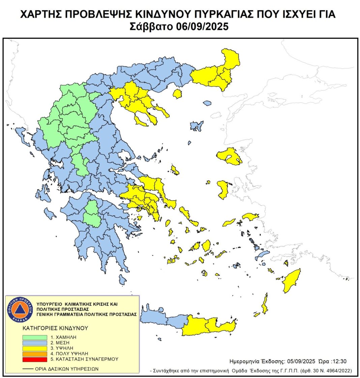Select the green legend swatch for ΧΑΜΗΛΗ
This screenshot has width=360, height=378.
[35, 337]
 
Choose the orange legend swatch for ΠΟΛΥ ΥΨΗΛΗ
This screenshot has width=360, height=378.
[35, 354]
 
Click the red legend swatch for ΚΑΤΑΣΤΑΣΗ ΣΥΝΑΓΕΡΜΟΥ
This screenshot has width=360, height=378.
[35, 359]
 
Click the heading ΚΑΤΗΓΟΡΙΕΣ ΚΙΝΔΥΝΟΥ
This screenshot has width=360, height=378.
[55, 328]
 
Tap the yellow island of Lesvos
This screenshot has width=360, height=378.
[229, 155]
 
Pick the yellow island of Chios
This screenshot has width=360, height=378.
[223, 189]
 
